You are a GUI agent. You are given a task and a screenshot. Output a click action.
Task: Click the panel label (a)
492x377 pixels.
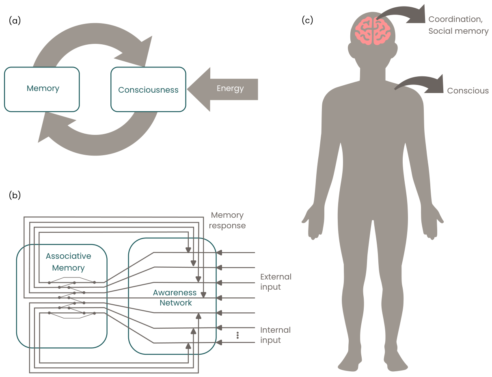point(15,21)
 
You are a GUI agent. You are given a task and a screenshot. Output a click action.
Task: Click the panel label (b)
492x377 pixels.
point(15,195)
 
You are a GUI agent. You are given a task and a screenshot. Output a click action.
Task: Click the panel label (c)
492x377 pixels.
point(307,20)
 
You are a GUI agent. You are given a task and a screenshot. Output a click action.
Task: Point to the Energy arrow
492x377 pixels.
point(222,89)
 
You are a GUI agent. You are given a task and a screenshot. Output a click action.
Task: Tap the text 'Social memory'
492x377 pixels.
point(458,31)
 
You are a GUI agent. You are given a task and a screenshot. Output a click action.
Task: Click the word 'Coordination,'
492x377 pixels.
point(455,19)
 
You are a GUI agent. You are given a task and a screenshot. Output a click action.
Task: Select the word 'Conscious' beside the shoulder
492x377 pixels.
point(468,91)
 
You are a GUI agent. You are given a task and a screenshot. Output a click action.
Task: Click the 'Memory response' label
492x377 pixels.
point(227,220)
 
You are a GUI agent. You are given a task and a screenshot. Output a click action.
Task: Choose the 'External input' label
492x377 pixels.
point(276,282)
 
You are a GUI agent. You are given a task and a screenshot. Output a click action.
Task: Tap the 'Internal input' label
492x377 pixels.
point(275,335)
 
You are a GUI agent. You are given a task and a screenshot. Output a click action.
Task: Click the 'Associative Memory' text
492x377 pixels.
point(68,262)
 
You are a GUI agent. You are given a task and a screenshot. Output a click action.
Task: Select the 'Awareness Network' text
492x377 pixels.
point(175,297)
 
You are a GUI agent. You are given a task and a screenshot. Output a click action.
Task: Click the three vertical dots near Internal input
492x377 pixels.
point(237,335)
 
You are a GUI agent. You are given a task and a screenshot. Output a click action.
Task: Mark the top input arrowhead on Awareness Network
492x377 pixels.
point(219,252)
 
